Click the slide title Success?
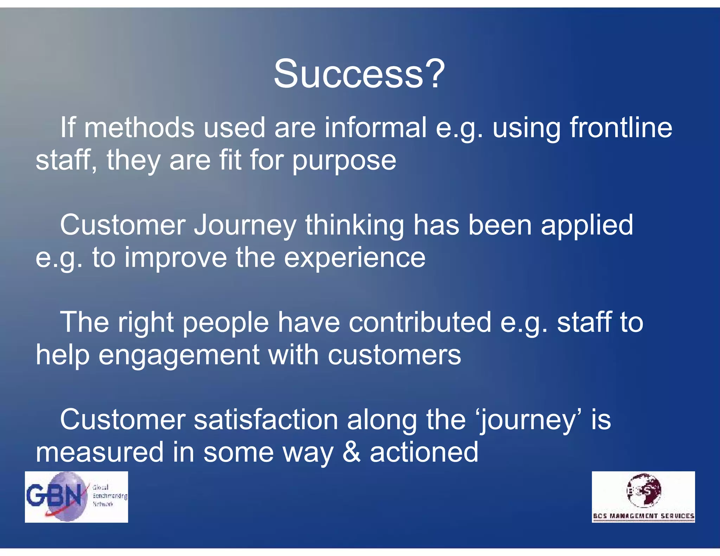point(359,74)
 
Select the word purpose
point(344,161)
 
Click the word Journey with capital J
point(245,226)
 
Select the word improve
point(176,258)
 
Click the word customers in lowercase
point(394,355)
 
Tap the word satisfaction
point(266,420)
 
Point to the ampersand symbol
point(351,452)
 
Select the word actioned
point(424,452)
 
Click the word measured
point(99,452)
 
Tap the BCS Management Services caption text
point(643,516)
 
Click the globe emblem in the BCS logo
point(644,490)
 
